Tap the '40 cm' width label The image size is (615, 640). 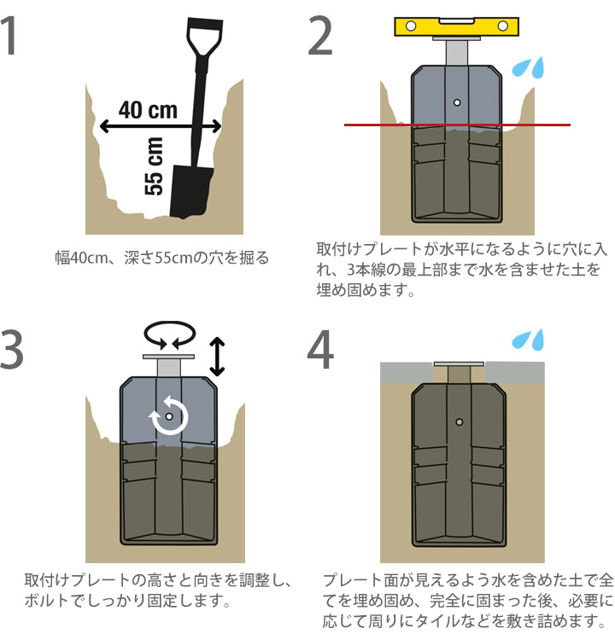[x=148, y=110]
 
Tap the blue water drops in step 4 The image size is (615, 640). [x=527, y=340]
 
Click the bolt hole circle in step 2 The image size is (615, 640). [x=458, y=102]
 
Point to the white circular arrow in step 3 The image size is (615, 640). [x=169, y=417]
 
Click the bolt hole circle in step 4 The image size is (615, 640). [x=459, y=422]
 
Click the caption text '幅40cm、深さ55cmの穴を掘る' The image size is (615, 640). [x=162, y=257]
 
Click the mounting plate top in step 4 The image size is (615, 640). [x=459, y=364]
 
